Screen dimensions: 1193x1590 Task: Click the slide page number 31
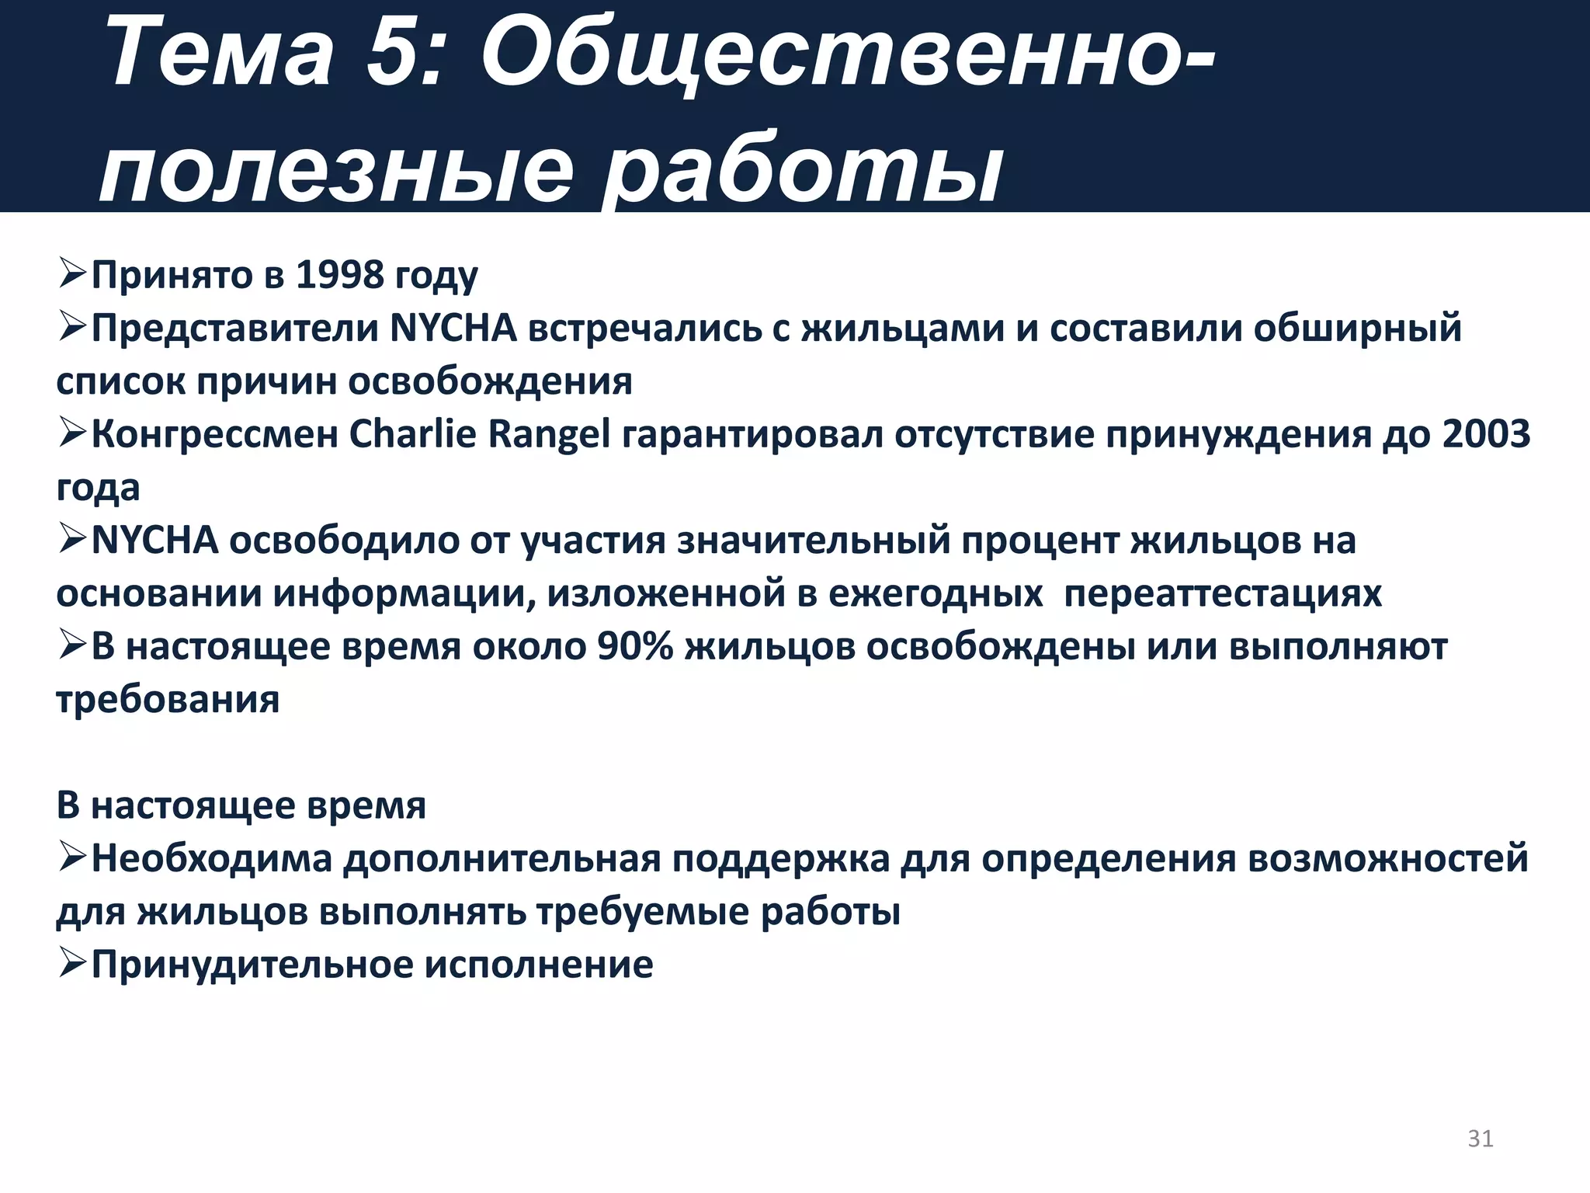(1480, 1138)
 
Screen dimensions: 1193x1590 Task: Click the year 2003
(1486, 434)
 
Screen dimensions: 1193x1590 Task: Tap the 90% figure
(635, 647)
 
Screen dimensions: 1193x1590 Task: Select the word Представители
(235, 329)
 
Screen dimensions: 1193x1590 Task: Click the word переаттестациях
(1223, 594)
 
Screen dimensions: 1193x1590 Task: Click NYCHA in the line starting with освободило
(154, 541)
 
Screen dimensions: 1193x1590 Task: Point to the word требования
(168, 700)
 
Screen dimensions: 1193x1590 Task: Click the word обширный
(1357, 329)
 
